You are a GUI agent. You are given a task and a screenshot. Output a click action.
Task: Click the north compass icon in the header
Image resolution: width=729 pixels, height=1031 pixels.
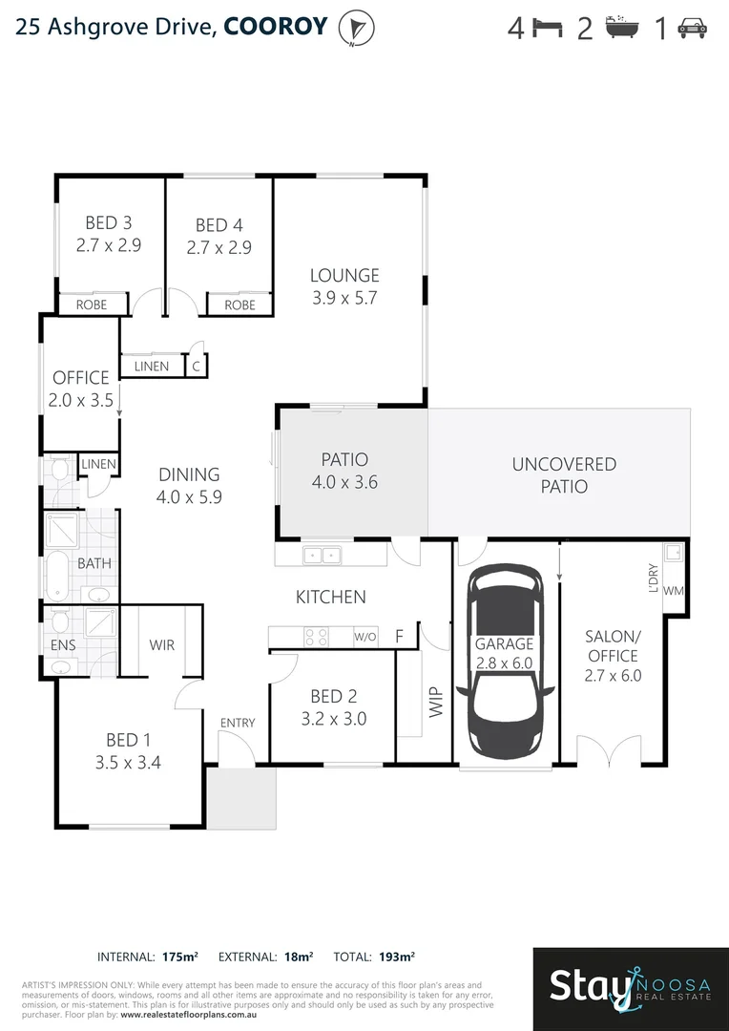(358, 28)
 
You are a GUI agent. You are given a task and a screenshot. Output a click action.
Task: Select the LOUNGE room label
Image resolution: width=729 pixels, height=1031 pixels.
(344, 275)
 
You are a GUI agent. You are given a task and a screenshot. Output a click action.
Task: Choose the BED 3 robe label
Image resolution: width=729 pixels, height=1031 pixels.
(92, 305)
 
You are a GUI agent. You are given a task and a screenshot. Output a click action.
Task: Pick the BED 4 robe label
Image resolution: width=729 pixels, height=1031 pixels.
(240, 305)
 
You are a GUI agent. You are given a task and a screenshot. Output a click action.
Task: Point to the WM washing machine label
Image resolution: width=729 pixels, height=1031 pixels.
(673, 590)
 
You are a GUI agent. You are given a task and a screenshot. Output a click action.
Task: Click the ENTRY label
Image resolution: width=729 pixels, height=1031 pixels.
(237, 723)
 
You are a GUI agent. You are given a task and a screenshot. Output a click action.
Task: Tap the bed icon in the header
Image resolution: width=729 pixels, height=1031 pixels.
(548, 29)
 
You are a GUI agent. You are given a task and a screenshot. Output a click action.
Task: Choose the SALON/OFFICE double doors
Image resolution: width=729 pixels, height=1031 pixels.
(607, 751)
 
